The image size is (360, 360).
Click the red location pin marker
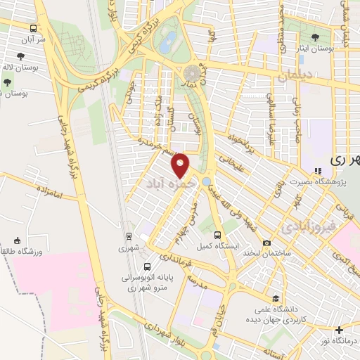coord(181,164)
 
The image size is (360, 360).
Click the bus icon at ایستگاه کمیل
coord(217,235)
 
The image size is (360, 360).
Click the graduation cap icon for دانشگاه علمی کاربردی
coord(276,299)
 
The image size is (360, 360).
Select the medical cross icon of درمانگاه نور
coord(339,329)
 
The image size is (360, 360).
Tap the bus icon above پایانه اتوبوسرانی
coord(147,266)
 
